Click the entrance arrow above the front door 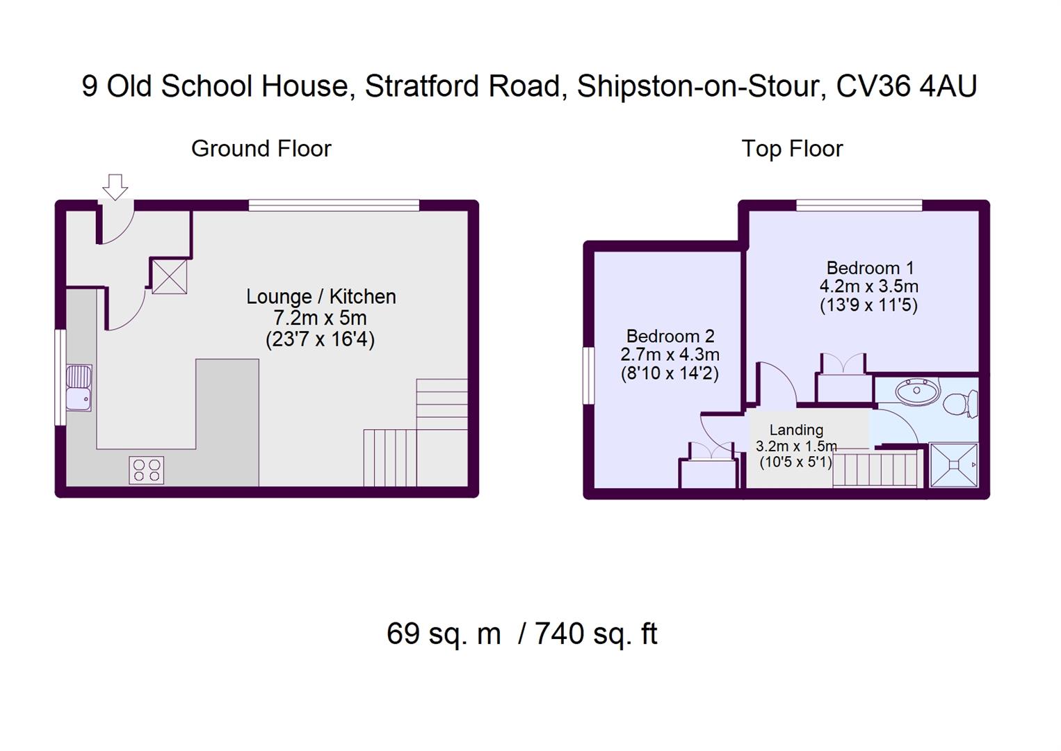(115, 186)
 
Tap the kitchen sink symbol (79, 388)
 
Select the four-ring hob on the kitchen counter (147, 470)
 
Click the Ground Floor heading (261, 148)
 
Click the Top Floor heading (791, 148)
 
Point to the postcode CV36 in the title (873, 86)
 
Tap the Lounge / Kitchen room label (321, 296)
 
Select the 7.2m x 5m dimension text (321, 318)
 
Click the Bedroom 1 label (870, 268)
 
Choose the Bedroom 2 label (670, 336)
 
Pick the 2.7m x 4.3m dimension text (670, 355)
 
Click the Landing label (796, 430)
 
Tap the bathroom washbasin (916, 391)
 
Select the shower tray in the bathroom (953, 465)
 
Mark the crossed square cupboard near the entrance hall (169, 276)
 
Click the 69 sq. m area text (444, 633)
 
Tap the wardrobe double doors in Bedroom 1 (843, 364)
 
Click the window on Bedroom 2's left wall (589, 375)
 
